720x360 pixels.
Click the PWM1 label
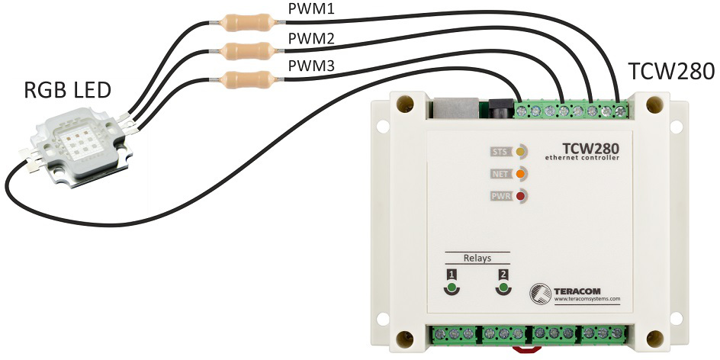[x=311, y=10]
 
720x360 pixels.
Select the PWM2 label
[x=311, y=39]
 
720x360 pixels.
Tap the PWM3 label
[x=311, y=67]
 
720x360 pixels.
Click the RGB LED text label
[x=67, y=91]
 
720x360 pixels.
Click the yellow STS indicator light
[x=521, y=151]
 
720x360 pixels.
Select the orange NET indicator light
[x=521, y=174]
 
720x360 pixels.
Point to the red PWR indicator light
[x=521, y=197]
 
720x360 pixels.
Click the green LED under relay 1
[x=452, y=288]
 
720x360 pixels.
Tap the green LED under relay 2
[x=503, y=288]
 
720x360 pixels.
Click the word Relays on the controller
[x=477, y=258]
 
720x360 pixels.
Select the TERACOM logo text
[x=577, y=291]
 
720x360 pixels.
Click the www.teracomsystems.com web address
[x=587, y=298]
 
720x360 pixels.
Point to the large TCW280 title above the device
[x=671, y=72]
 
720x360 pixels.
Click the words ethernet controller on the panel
[x=582, y=158]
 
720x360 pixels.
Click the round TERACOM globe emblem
[x=541, y=294]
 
